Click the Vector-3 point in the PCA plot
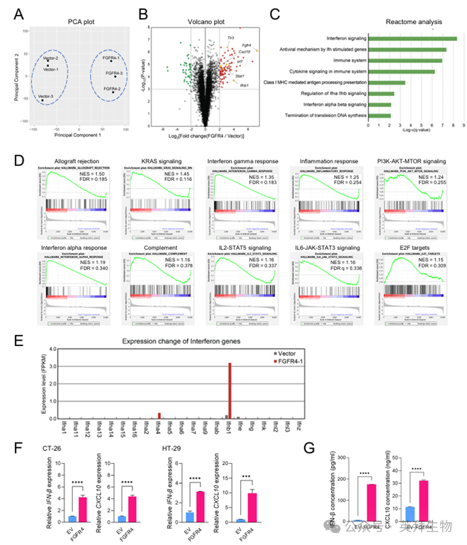[43, 100]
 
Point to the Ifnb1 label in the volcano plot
[245, 85]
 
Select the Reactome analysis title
[414, 22]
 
